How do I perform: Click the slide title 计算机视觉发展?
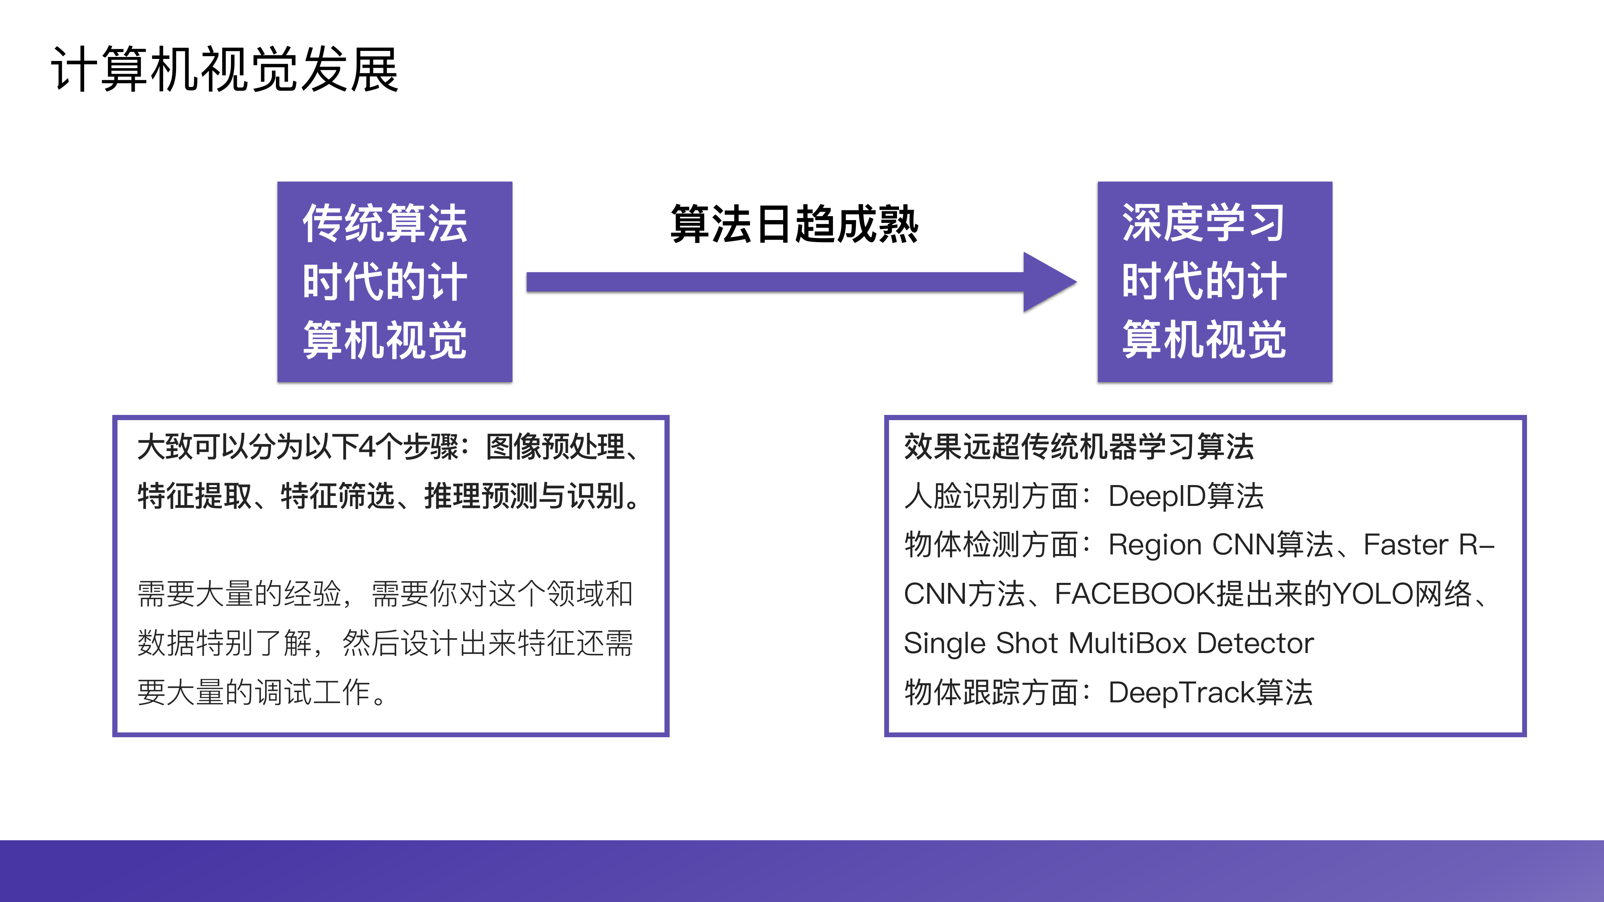pyautogui.click(x=224, y=70)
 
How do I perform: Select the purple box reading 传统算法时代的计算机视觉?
pyautogui.click(x=394, y=281)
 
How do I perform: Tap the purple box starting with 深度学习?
pyautogui.click(x=1214, y=281)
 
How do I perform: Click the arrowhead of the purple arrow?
pyautogui.click(x=1049, y=282)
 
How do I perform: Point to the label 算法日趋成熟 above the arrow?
pyautogui.click(x=794, y=224)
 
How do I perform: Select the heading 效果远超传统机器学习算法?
pyautogui.click(x=1078, y=447)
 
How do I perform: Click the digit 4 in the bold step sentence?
pyautogui.click(x=367, y=447)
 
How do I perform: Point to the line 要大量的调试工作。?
pyautogui.click(x=261, y=692)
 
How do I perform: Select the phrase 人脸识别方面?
pyautogui.click(x=990, y=496)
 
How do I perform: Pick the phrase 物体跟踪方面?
pyautogui.click(x=990, y=692)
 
